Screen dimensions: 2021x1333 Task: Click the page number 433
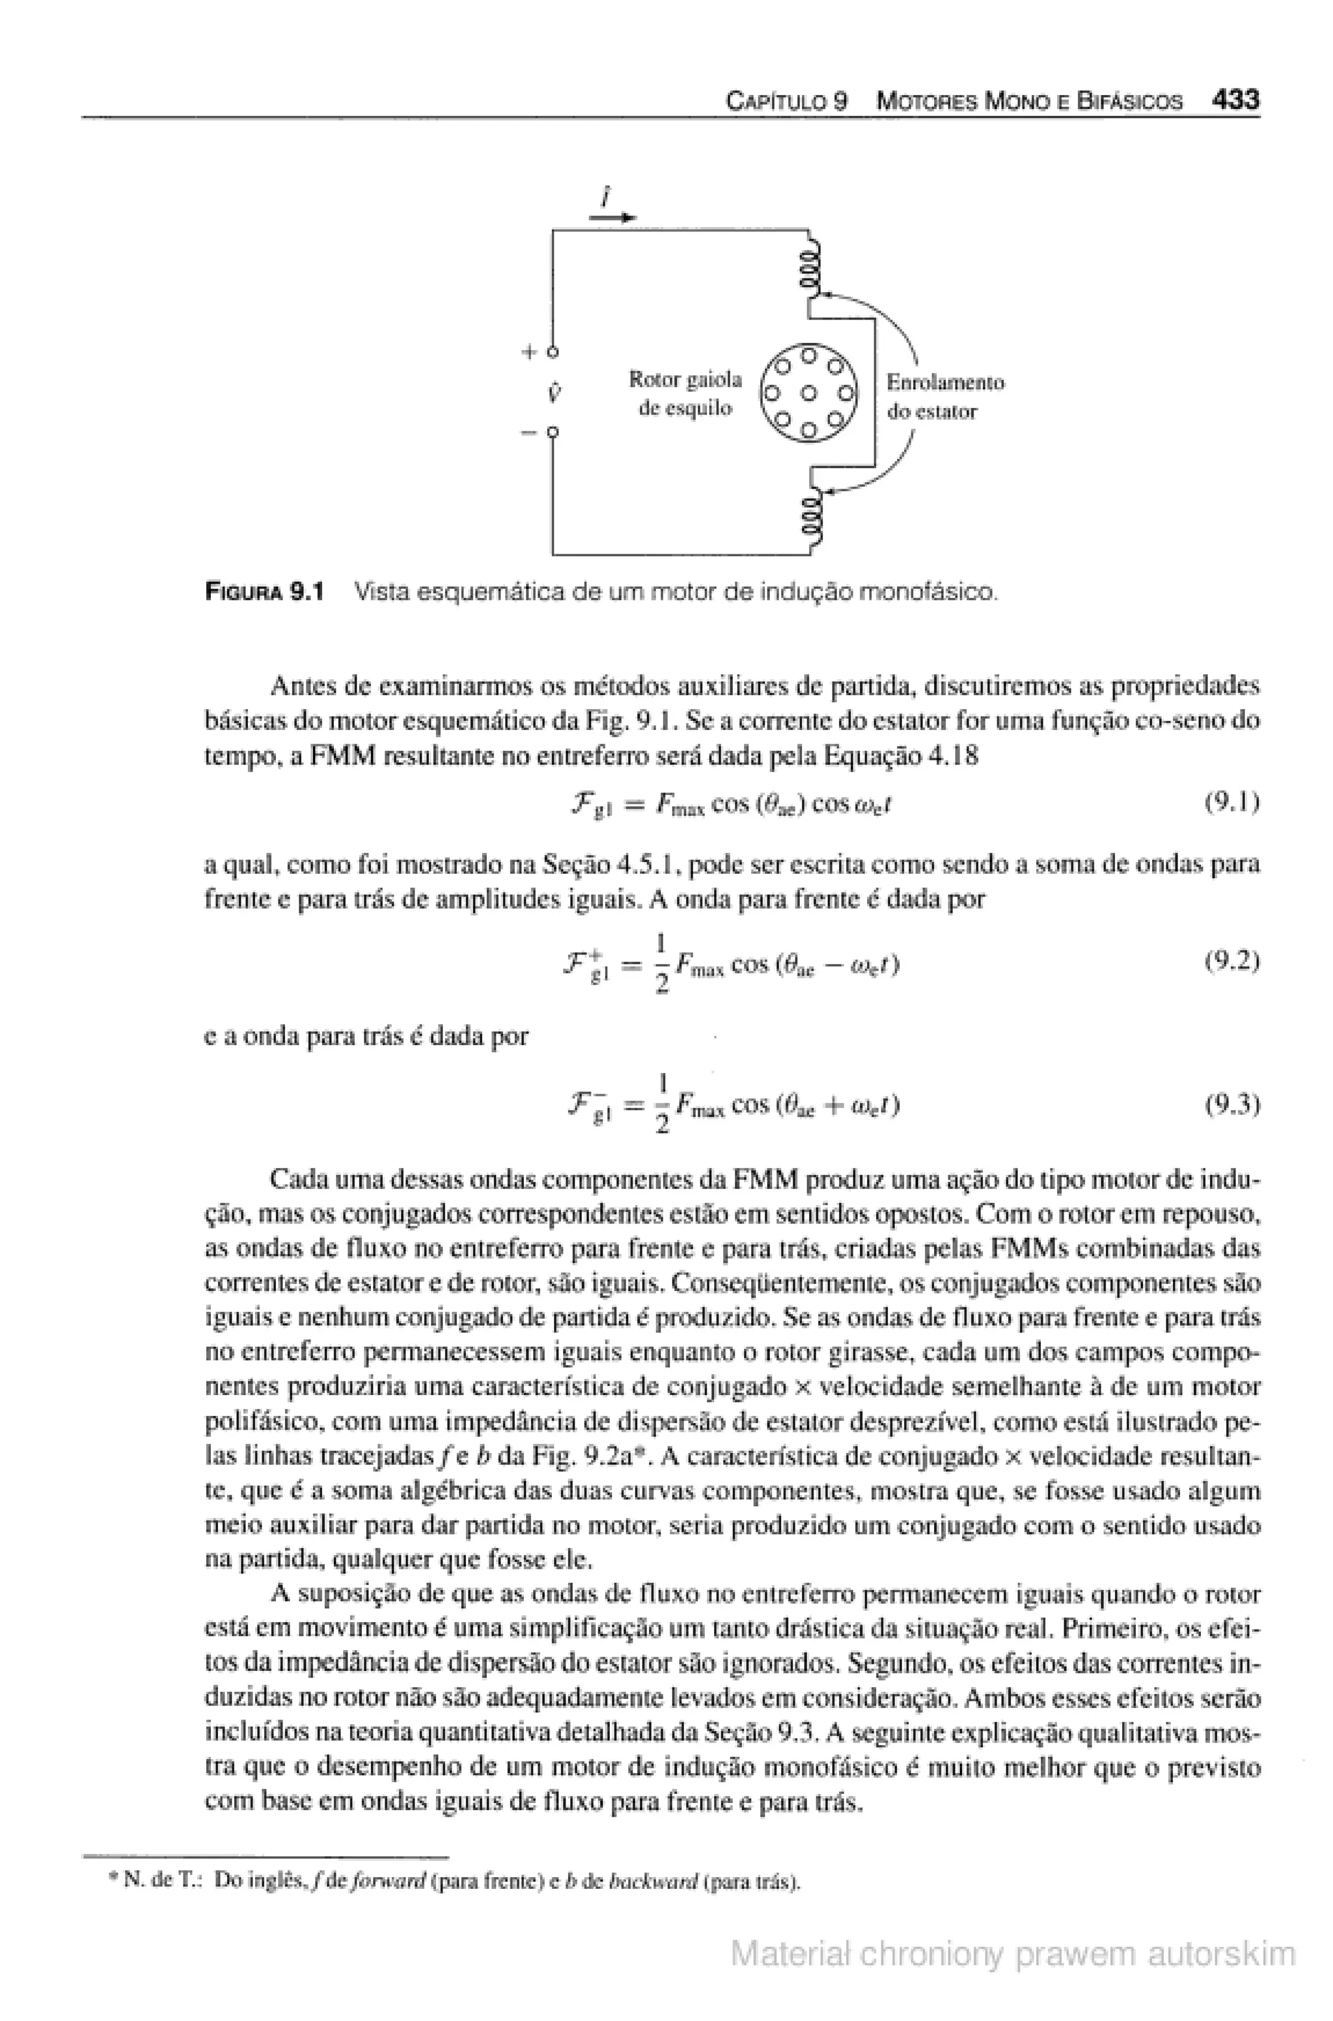[x=1235, y=100]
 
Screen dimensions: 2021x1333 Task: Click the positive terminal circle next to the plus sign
[x=553, y=351]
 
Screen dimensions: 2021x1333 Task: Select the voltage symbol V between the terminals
[x=553, y=392]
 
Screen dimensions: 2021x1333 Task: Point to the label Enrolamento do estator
[x=944, y=397]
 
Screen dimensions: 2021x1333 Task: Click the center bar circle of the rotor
[x=809, y=392]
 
